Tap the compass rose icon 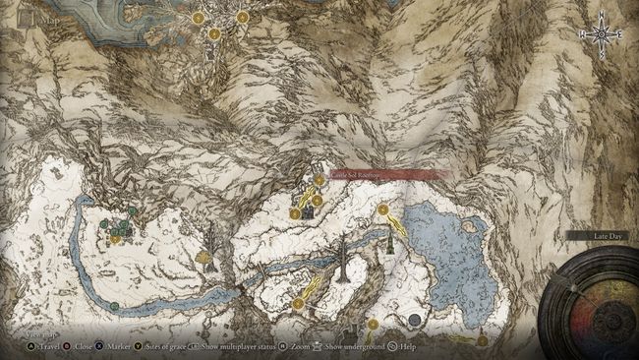[x=604, y=35]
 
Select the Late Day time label [x=597, y=237]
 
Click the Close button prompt [x=85, y=347]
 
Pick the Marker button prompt [x=121, y=347]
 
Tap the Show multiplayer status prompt [x=230, y=347]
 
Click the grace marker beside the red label [x=319, y=180]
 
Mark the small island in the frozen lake [x=469, y=225]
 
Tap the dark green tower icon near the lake [x=391, y=243]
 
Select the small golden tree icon [x=204, y=258]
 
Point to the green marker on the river [x=114, y=306]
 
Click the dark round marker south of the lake [x=415, y=320]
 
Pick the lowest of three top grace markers [x=214, y=33]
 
